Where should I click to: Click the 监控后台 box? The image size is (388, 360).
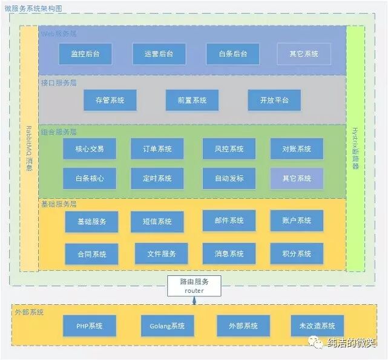85,54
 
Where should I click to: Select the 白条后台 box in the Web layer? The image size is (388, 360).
233,54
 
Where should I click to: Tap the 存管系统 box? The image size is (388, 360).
110,100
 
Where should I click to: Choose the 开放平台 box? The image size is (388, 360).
274,100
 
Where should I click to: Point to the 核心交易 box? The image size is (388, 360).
90,148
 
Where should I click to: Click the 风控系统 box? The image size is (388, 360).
229,148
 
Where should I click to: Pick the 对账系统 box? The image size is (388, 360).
297,148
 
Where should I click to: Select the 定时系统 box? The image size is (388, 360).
157,178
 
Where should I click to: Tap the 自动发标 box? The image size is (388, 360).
229,178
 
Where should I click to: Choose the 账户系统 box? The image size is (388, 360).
297,221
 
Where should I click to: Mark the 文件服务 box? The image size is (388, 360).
161,254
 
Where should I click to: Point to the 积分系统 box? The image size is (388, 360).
297,254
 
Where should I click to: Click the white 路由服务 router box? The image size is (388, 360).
194,286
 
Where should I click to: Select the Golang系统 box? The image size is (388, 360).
167,326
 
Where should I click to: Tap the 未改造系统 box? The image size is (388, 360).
317,326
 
